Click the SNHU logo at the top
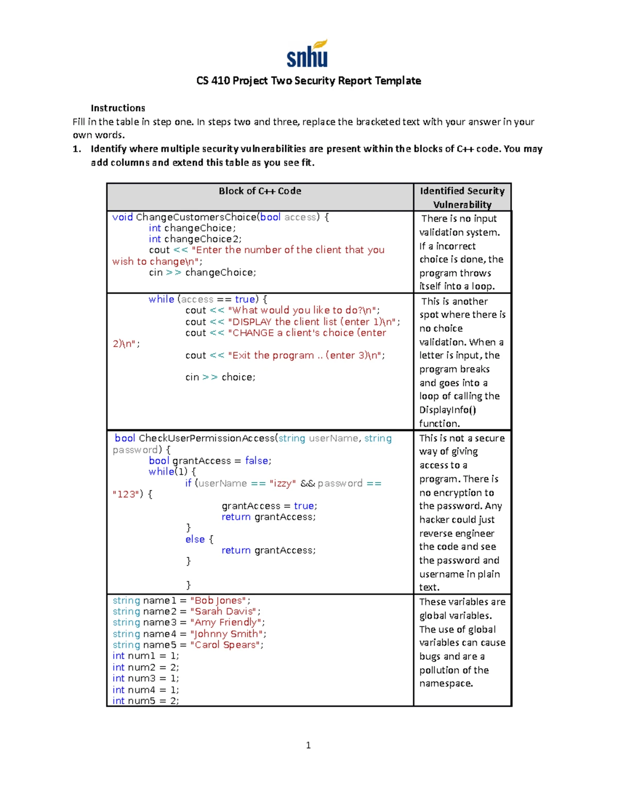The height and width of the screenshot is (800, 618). (x=307, y=54)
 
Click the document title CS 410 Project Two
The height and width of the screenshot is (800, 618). (x=308, y=81)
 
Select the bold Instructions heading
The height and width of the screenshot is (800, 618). (x=118, y=108)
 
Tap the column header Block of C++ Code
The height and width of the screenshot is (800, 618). (x=260, y=191)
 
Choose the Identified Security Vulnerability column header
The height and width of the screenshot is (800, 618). (x=462, y=197)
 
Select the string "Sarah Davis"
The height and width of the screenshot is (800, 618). (x=224, y=611)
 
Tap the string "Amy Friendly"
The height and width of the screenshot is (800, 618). (x=226, y=622)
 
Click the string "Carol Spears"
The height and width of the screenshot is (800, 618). (x=225, y=645)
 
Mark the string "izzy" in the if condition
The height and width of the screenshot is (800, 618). (x=282, y=483)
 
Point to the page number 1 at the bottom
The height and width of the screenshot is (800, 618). (x=308, y=745)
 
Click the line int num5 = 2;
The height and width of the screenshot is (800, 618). (x=146, y=701)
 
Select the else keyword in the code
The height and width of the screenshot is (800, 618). (x=195, y=539)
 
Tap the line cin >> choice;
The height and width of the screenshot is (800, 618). (x=220, y=377)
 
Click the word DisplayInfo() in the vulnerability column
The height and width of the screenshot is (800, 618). (x=447, y=410)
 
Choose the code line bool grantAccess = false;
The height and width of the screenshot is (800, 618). (x=210, y=461)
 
